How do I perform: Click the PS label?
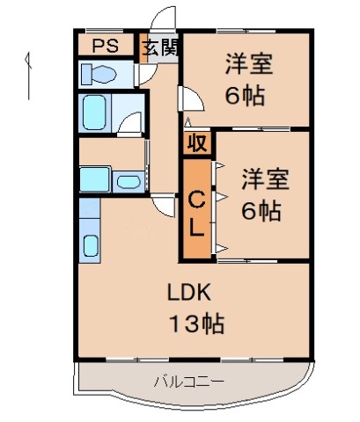pyautogui.click(x=104, y=46)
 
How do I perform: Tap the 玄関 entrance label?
pyautogui.click(x=160, y=47)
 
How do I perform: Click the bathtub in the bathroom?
pyautogui.click(x=96, y=113)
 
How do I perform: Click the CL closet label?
pyautogui.click(x=197, y=213)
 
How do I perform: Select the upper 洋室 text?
pyautogui.click(x=248, y=64)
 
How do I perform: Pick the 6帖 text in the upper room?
pyautogui.click(x=246, y=96)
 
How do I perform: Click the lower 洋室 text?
pyautogui.click(x=265, y=178)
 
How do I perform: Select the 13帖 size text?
pyautogui.click(x=196, y=322)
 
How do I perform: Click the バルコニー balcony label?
pyautogui.click(x=188, y=382)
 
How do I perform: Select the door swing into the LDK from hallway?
pyautogui.click(x=163, y=207)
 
